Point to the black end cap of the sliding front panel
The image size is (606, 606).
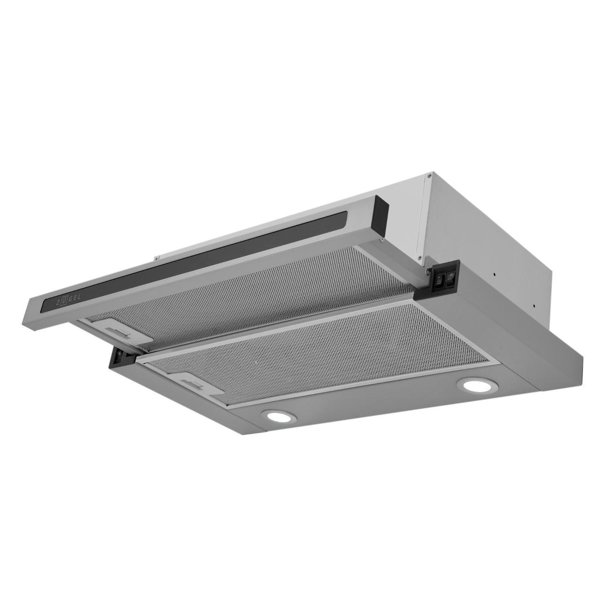click(381, 211)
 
